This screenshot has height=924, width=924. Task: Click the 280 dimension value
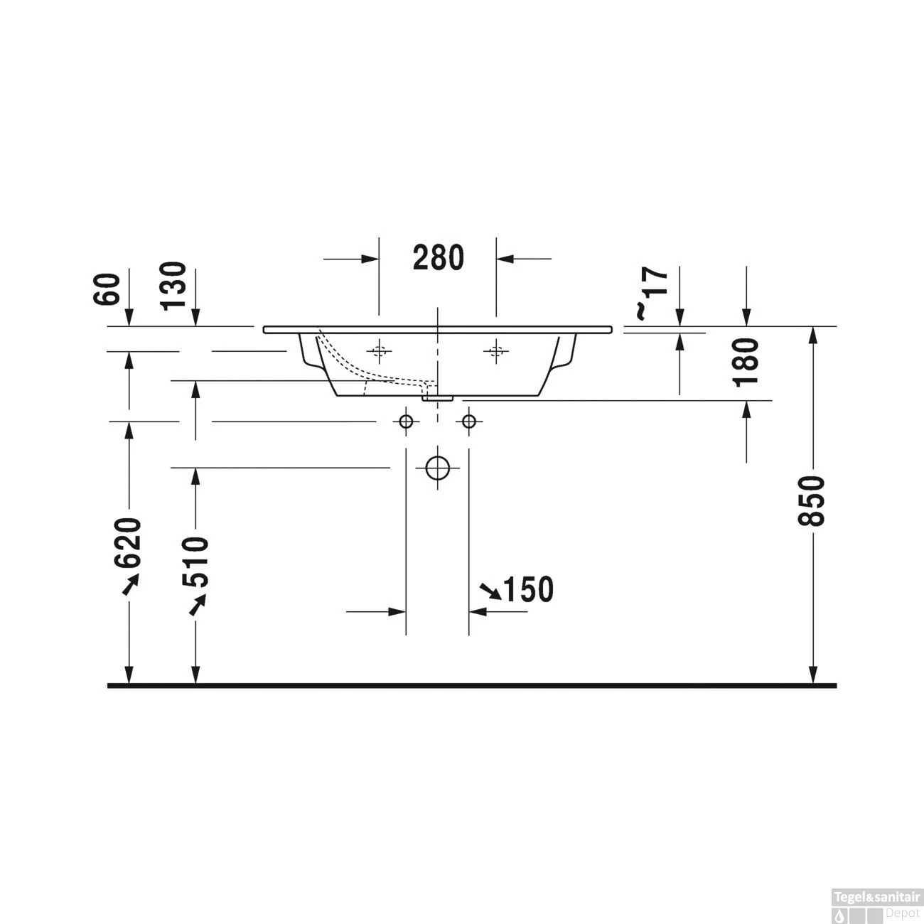click(x=438, y=257)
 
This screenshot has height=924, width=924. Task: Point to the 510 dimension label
click(x=195, y=562)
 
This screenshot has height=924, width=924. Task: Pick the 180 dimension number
click(x=747, y=362)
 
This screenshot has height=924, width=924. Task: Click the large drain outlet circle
click(x=438, y=467)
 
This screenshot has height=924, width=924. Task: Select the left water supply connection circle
click(x=406, y=421)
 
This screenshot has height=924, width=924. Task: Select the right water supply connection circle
click(x=468, y=421)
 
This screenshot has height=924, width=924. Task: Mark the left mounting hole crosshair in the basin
click(x=379, y=350)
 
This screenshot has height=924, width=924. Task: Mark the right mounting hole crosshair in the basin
click(x=496, y=350)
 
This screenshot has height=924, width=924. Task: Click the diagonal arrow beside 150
click(x=490, y=589)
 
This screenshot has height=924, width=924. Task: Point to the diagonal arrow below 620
click(x=129, y=584)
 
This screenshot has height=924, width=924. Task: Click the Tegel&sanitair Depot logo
click(x=880, y=902)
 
